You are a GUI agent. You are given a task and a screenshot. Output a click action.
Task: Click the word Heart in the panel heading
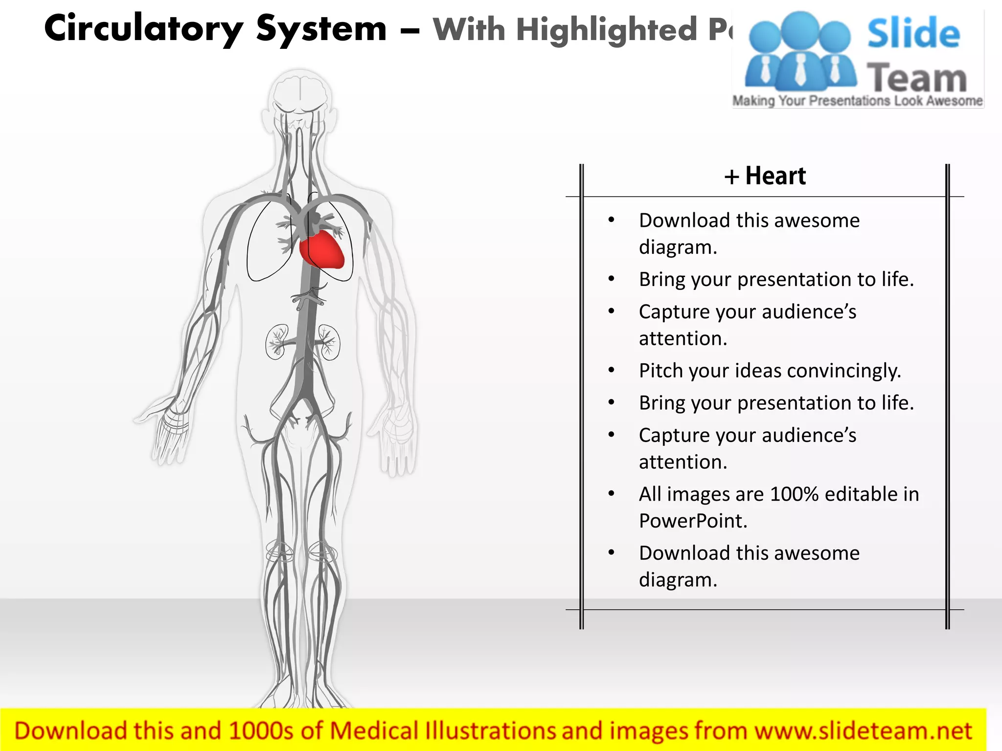775,176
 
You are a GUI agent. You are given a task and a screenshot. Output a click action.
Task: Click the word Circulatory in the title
143,29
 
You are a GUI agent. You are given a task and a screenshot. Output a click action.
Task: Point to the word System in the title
321,29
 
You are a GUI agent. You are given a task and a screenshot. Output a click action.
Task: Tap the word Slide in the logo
913,33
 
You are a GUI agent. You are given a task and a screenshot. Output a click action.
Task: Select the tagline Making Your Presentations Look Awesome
857,101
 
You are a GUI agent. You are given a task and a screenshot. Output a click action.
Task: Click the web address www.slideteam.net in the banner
863,730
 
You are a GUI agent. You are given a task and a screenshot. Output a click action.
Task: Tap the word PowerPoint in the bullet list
693,521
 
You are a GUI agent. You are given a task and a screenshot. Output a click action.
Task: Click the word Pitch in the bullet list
660,371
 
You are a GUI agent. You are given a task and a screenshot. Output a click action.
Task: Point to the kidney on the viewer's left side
277,341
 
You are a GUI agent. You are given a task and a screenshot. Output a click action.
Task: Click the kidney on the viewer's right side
329,341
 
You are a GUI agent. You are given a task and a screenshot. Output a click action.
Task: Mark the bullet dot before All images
611,494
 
